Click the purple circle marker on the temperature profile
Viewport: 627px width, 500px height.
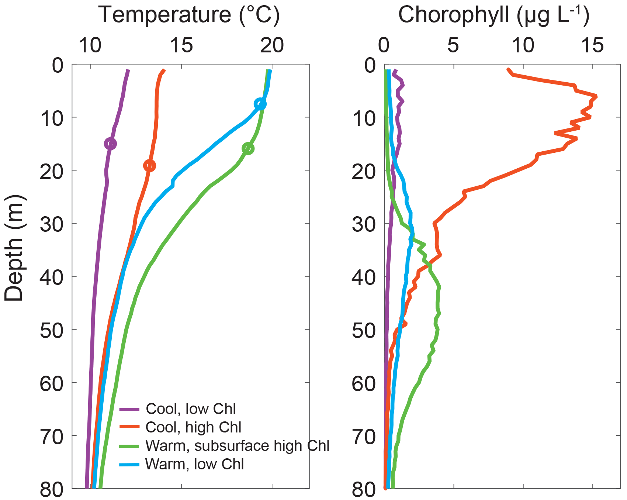pyautogui.click(x=110, y=144)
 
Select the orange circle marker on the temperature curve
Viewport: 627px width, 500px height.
pyautogui.click(x=149, y=166)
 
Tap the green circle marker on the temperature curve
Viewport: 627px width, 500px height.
pyautogui.click(x=248, y=149)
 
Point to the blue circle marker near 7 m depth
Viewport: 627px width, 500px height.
pyautogui.click(x=260, y=104)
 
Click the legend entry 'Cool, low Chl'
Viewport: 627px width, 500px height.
pyautogui.click(x=191, y=409)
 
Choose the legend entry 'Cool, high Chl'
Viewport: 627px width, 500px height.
pyautogui.click(x=193, y=427)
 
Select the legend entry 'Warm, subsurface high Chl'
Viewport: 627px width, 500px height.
pyautogui.click(x=237, y=446)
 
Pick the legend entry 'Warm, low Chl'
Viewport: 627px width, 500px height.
pyautogui.click(x=194, y=464)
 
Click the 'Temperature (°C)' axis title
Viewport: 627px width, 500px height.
pyautogui.click(x=189, y=15)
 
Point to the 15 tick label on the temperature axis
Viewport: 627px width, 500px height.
pyautogui.click(x=181, y=45)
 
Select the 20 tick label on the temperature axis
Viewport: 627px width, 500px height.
pyautogui.click(x=272, y=45)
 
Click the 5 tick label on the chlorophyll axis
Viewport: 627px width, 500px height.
pyautogui.click(x=453, y=45)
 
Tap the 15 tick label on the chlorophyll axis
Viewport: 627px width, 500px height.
pyautogui.click(x=592, y=45)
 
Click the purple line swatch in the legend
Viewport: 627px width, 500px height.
pyautogui.click(x=129, y=409)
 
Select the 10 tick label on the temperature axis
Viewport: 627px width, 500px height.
pyautogui.click(x=90, y=45)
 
